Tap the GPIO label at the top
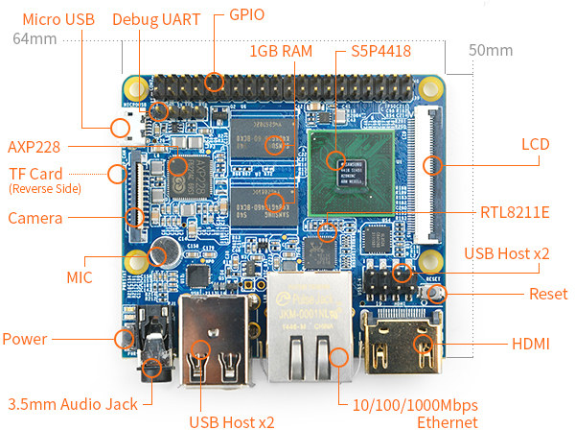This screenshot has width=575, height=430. [x=247, y=15]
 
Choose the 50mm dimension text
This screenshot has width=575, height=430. [x=492, y=50]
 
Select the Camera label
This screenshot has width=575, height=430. [x=34, y=219]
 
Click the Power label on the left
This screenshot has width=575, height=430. [x=25, y=339]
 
